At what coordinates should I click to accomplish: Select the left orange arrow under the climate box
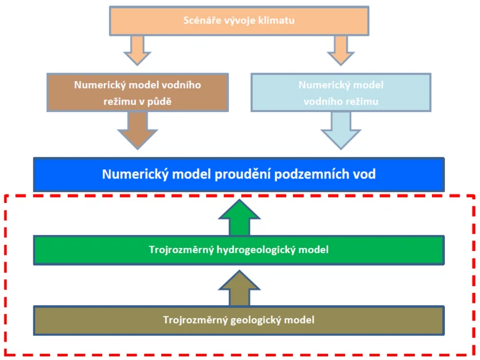(x=137, y=50)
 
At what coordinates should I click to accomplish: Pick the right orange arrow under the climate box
(x=341, y=50)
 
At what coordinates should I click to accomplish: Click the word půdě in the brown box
(x=159, y=102)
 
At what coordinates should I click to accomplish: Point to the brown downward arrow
(x=137, y=130)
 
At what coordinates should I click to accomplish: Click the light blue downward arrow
(x=341, y=130)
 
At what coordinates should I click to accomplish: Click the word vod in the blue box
(x=364, y=174)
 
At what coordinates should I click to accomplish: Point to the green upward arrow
(x=239, y=217)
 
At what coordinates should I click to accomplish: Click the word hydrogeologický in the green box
(x=255, y=250)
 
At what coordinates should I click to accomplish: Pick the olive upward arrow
(x=239, y=288)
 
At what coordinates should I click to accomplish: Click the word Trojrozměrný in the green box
(x=181, y=250)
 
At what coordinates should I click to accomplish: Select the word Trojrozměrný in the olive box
(x=195, y=320)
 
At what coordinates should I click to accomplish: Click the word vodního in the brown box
(x=181, y=85)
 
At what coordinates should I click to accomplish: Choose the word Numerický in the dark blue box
(x=135, y=174)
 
